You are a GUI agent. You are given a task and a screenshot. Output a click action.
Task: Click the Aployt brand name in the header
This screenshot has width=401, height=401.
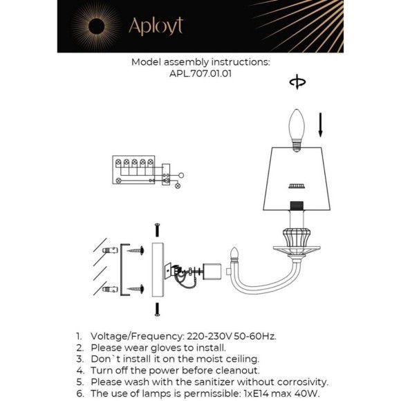tap(156, 27)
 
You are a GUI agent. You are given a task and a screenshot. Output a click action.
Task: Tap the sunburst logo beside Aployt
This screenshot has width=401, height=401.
tap(93, 26)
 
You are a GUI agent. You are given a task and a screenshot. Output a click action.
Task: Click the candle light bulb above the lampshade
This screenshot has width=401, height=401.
tap(296, 129)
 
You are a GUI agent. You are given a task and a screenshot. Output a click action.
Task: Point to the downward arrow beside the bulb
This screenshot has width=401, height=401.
tap(320, 127)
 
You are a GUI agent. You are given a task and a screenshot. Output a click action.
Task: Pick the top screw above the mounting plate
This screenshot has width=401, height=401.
tap(158, 231)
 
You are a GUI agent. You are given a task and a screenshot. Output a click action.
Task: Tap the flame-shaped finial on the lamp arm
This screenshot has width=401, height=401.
tap(234, 254)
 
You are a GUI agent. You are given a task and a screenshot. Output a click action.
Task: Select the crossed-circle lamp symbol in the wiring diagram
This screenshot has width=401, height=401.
tap(178, 185)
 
